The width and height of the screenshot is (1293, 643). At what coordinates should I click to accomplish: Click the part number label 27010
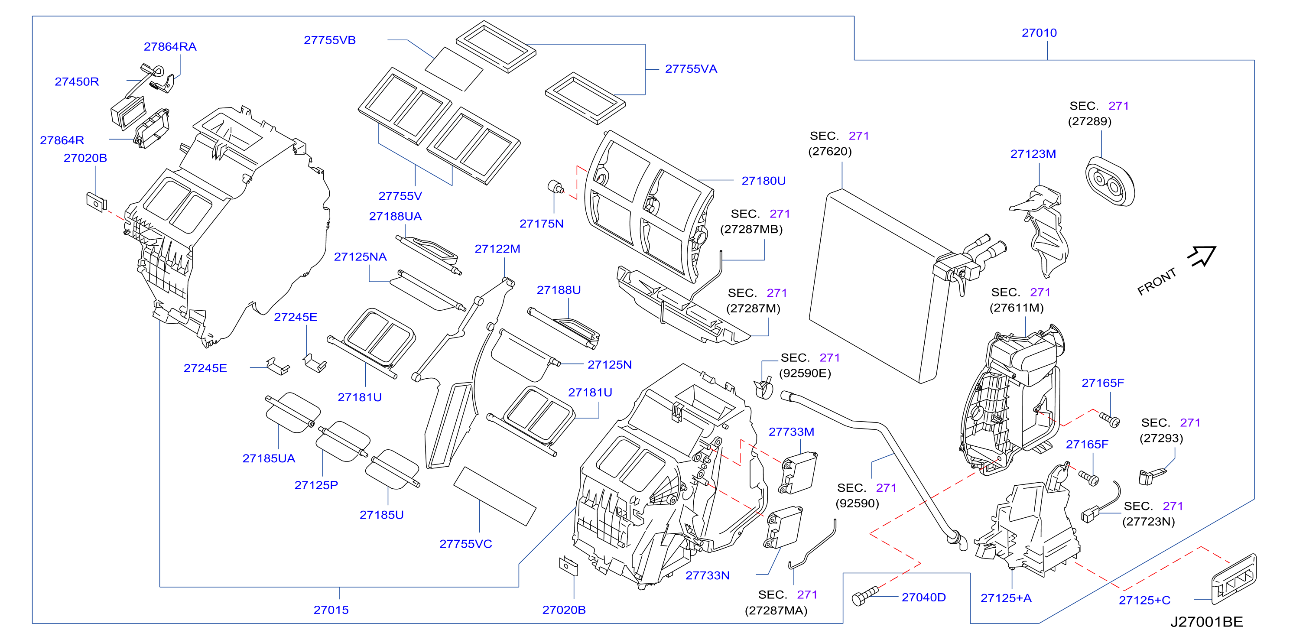click(x=1039, y=33)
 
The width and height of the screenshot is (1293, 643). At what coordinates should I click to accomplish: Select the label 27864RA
click(x=170, y=47)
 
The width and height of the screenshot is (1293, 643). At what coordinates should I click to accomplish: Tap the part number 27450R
click(x=77, y=82)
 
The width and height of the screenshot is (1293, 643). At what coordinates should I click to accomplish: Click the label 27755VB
click(x=330, y=40)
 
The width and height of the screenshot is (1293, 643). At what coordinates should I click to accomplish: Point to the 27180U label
click(x=763, y=181)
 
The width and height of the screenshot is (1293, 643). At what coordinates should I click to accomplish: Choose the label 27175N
click(x=541, y=224)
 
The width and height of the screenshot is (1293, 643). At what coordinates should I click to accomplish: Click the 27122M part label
click(x=497, y=249)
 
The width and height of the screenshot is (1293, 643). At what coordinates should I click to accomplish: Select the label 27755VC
click(x=466, y=544)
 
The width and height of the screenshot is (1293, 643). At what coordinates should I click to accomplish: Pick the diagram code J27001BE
click(x=1207, y=623)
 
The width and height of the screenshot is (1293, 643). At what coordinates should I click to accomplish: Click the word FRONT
click(x=1157, y=282)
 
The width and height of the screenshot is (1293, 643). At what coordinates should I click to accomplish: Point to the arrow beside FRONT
click(x=1202, y=256)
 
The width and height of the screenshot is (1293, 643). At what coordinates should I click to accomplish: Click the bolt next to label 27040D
click(x=865, y=596)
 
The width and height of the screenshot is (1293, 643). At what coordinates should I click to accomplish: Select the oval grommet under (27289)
click(x=1110, y=182)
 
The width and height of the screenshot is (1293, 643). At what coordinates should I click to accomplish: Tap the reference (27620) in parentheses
click(x=830, y=152)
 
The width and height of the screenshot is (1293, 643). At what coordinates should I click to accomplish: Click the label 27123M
click(x=1033, y=154)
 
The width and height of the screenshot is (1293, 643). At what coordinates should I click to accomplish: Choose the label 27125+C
click(x=1144, y=601)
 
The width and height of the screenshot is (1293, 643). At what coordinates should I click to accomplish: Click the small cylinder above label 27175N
click(x=555, y=187)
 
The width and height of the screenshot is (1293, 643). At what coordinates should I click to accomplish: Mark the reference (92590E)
click(x=805, y=373)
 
